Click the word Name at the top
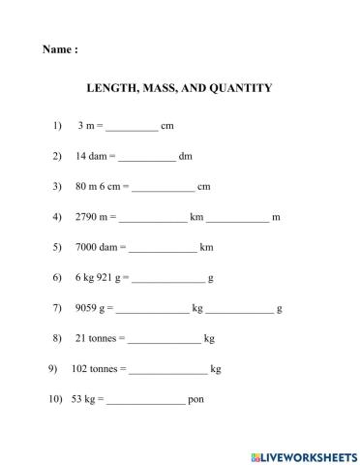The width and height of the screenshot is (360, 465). tap(56, 49)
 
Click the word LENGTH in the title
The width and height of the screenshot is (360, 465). tap(113, 88)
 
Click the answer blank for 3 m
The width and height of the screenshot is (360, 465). tap(131, 127)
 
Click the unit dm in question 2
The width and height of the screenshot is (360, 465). tap(186, 156)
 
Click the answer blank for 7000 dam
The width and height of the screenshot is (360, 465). tap(162, 248)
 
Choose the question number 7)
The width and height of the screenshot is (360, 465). tap(57, 308)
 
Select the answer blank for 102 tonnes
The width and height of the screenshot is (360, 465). tap(167, 370)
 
